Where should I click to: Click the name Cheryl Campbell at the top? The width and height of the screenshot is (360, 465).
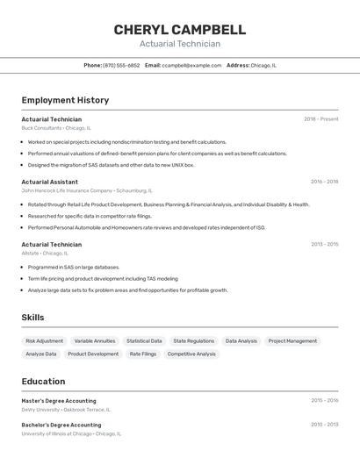tap(179, 30)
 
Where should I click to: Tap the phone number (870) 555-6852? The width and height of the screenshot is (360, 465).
tap(121, 65)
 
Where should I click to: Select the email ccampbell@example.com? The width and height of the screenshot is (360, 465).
tap(191, 65)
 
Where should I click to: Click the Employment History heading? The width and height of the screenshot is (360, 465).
tap(65, 100)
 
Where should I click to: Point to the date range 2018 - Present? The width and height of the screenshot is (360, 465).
tap(320, 119)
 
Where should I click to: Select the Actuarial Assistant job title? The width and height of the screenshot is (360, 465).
tap(49, 182)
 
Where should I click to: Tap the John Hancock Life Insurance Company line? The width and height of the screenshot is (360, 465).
tap(86, 190)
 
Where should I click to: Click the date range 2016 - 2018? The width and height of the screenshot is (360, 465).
tap(324, 182)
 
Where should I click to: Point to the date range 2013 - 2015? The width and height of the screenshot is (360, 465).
tap(324, 245)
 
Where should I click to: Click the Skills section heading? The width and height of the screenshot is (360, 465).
tap(32, 318)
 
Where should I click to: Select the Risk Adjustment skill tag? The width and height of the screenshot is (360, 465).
tap(45, 340)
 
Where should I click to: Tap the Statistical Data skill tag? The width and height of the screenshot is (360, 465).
tap(144, 340)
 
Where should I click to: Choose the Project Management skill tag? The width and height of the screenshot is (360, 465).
tap(292, 340)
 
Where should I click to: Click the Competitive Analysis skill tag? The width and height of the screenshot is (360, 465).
tap(191, 354)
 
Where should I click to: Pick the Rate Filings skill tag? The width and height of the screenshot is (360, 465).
tap(143, 354)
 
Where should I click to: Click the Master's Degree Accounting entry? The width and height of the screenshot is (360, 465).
tap(59, 400)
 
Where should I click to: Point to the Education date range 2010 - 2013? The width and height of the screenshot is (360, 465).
tap(324, 425)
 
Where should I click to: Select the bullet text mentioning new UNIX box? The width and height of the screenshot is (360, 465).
tap(111, 165)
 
